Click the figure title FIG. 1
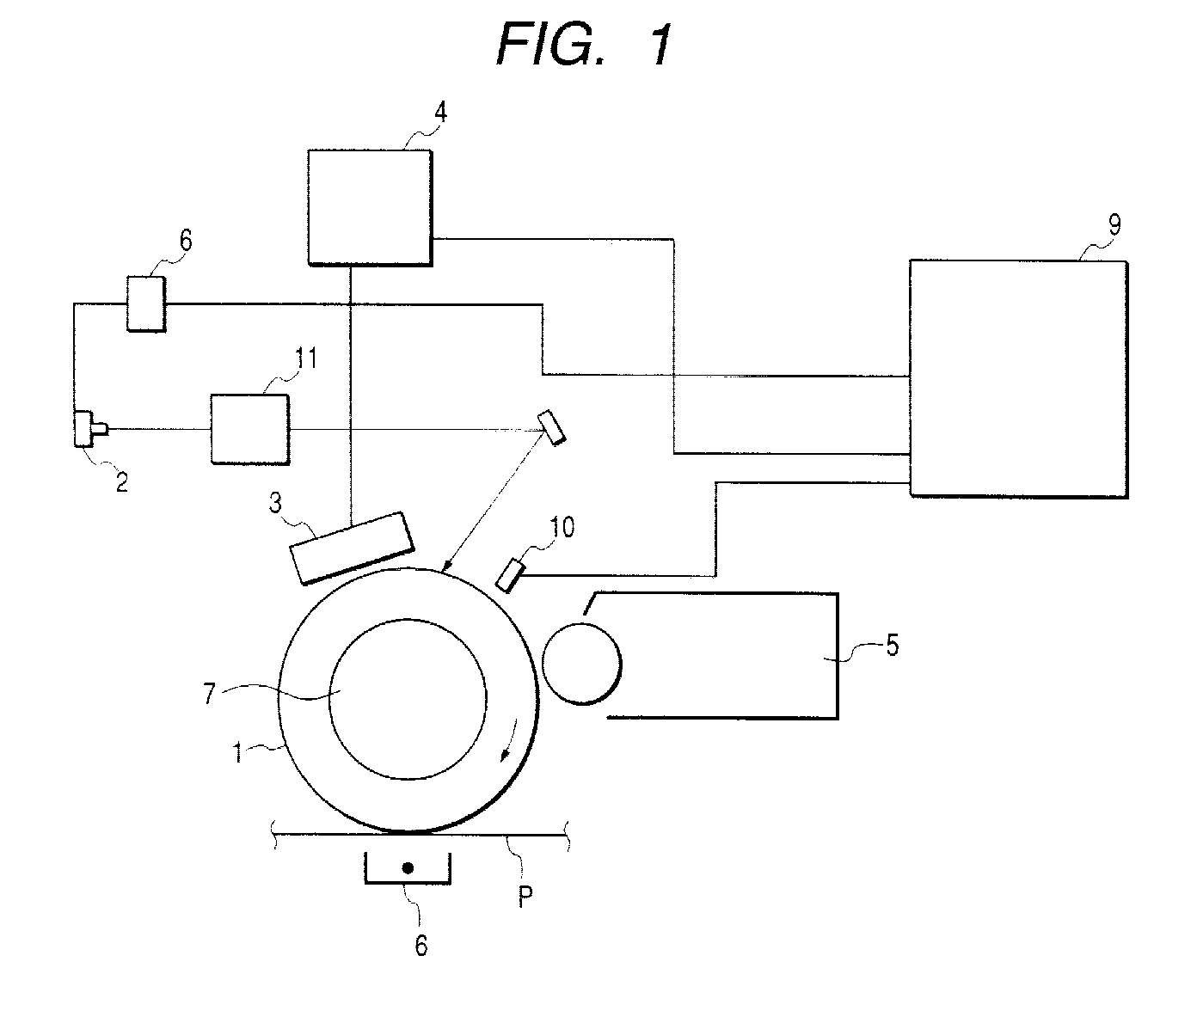click(584, 45)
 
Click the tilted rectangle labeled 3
click(352, 548)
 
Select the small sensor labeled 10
click(510, 575)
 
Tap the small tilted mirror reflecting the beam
click(551, 428)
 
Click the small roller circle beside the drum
click(581, 664)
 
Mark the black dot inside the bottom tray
click(408, 867)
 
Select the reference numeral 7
click(209, 694)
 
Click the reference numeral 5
click(893, 646)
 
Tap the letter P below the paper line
click(525, 897)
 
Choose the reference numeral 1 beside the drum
click(236, 752)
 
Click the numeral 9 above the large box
click(1114, 224)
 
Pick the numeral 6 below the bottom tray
click(421, 946)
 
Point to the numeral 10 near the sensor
click(562, 527)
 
